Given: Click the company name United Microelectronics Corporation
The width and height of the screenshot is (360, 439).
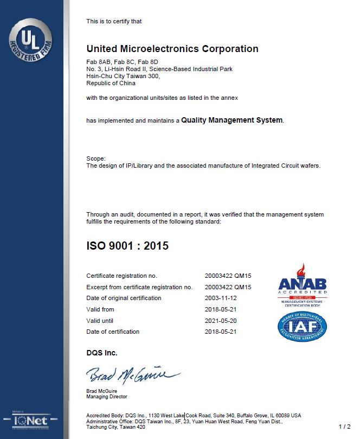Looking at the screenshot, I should pos(172,49).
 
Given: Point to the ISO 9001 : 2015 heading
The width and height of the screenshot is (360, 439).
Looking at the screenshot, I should pos(127,246).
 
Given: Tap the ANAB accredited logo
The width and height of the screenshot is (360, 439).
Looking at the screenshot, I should pos(302,285).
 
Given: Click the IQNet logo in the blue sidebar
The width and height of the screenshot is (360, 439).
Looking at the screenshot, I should pos(30,420).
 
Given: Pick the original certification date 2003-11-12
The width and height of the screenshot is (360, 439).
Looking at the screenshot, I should pos(221,298).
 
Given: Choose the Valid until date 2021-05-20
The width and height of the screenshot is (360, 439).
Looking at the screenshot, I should pos(221,321).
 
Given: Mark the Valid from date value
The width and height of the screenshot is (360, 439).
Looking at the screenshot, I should pos(221,309).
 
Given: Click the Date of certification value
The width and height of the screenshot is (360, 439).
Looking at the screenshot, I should pos(221,332).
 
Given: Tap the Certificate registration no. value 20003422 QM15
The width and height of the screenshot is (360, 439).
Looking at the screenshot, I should pos(228,276).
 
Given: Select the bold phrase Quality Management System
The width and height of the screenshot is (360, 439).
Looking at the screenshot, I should pos(232,120).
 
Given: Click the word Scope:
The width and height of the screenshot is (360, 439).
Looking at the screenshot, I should pos(96,158).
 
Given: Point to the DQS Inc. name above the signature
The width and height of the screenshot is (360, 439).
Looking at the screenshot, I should pos(102,353).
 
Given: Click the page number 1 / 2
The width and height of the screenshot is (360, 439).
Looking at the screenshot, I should pos(344,427).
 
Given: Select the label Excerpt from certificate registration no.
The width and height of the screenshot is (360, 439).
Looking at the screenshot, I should pos(139,287).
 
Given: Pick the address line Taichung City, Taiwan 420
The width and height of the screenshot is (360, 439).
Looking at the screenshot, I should pos(115,427).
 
